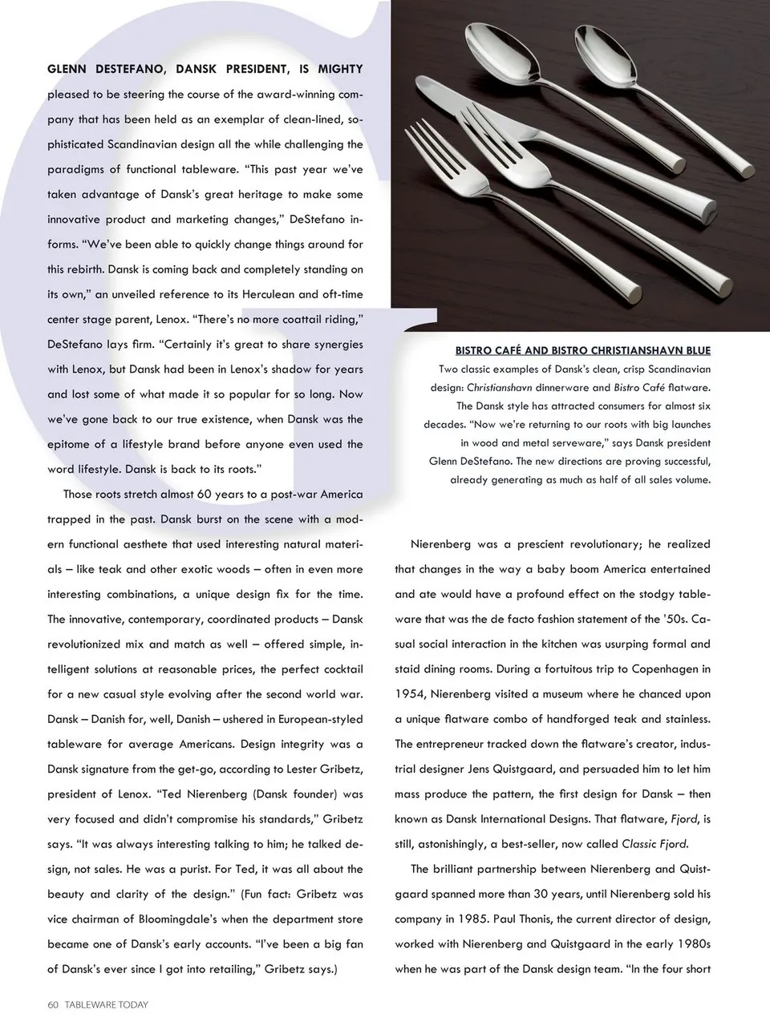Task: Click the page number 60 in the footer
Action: click(53, 1004)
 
